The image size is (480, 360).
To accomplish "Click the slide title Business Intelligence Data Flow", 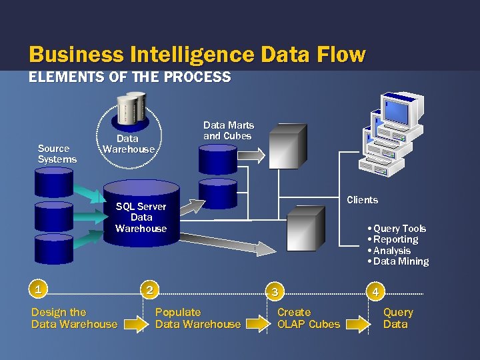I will (197, 54).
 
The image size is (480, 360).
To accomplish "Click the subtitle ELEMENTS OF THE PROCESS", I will (130, 77).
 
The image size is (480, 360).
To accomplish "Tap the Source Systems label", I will (57, 154).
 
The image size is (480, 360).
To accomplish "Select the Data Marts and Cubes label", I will (228, 131).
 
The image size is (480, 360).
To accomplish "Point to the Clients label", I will (362, 200).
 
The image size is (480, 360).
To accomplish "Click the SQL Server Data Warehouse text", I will (141, 217).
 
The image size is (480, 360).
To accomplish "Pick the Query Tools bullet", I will (399, 229).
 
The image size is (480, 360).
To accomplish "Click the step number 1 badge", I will (40, 289).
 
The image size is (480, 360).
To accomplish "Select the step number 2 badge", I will (151, 289).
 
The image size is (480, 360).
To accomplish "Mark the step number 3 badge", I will (274, 291).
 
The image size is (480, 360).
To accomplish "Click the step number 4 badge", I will (376, 291).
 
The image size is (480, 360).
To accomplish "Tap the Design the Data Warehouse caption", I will (74, 318).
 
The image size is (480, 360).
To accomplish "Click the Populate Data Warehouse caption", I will (197, 318).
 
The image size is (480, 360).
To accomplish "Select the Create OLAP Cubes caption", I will (308, 318).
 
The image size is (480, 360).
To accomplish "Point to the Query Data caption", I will (397, 318).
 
